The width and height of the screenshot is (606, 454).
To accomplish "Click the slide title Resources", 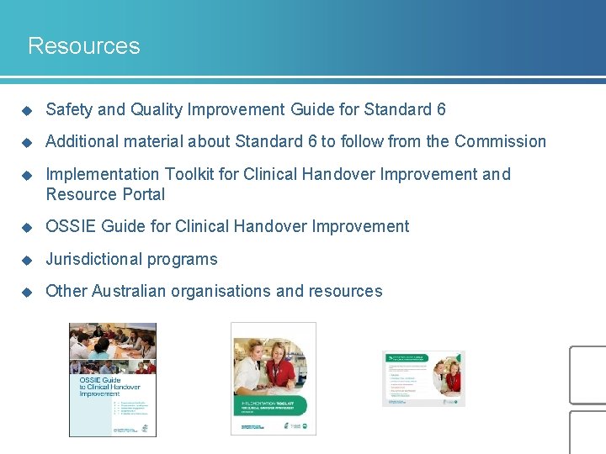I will pyautogui.click(x=83, y=45).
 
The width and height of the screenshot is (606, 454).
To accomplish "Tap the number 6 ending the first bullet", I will pyautogui.click(x=441, y=109).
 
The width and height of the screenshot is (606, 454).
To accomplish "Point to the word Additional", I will pyautogui.click(x=82, y=141).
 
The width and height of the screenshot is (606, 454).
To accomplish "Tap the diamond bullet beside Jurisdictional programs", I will pyautogui.click(x=26, y=260).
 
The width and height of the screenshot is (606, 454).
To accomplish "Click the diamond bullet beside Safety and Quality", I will pyautogui.click(x=26, y=110).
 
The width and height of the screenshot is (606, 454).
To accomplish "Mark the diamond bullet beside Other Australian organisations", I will pyautogui.click(x=26, y=292).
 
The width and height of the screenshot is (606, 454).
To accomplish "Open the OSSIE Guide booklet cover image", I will pyautogui.click(x=112, y=379).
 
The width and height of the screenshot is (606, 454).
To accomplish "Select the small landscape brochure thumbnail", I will pyautogui.click(x=423, y=378).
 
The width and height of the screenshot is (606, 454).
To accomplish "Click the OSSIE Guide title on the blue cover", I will pyautogui.click(x=101, y=387).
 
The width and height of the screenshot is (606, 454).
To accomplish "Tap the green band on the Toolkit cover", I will pyautogui.click(x=274, y=407).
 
